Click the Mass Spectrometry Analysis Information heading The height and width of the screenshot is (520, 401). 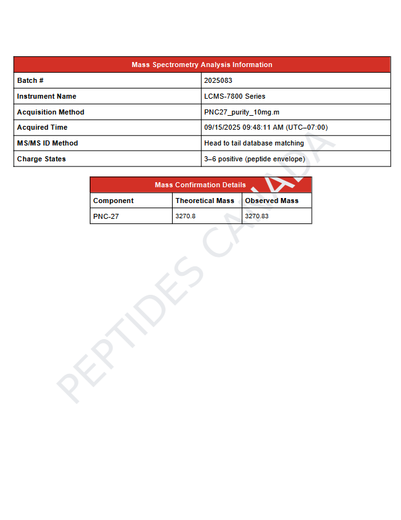coord(202,65)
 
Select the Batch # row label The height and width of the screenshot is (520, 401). coord(30,80)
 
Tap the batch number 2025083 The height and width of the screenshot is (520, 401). coord(218,80)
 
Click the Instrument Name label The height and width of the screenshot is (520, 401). coord(47,96)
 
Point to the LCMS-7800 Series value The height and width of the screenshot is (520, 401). coord(235,96)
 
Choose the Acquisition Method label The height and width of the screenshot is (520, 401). coord(51,112)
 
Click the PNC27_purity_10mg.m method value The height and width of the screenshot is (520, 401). coord(242,112)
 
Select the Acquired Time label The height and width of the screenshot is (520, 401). coord(42,127)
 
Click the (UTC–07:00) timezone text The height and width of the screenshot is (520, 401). coord(307,127)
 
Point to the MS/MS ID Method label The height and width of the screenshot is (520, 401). coord(47,143)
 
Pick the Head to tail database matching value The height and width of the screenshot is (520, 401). coord(254,143)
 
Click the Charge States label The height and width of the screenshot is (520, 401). coord(41,159)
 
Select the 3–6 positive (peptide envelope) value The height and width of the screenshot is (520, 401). coord(254,159)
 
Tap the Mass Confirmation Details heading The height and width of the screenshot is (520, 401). coord(200,185)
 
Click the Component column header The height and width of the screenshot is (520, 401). coord(113,201)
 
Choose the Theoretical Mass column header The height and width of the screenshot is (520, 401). coord(205,201)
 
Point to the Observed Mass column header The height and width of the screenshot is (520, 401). coord(272,201)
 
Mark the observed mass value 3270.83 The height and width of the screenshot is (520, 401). coord(257,216)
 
